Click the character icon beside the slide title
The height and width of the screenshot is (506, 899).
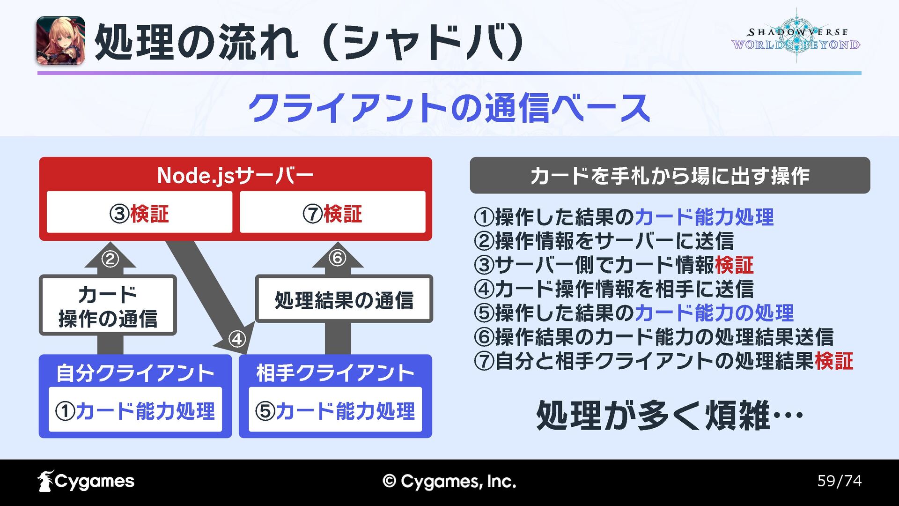pyautogui.click(x=60, y=41)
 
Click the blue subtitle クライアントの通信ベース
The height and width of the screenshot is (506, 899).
pyautogui.click(x=449, y=108)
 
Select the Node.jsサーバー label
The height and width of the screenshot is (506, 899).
pyautogui.click(x=235, y=176)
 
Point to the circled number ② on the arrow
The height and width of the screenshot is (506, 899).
pyautogui.click(x=110, y=259)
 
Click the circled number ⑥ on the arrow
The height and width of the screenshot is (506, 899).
pyautogui.click(x=337, y=258)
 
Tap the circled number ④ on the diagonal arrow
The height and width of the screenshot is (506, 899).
pyautogui.click(x=237, y=339)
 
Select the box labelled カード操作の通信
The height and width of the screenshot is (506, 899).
pyautogui.click(x=108, y=305)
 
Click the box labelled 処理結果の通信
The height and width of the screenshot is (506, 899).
pyautogui.click(x=344, y=299)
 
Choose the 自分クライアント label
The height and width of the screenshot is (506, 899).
pyautogui.click(x=135, y=373)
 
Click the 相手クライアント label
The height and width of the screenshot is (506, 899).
pyautogui.click(x=335, y=373)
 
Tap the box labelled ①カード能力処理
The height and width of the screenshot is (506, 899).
pyautogui.click(x=135, y=410)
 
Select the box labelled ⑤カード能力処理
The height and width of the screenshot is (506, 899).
pyautogui.click(x=335, y=410)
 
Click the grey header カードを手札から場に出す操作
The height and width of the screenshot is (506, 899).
pyautogui.click(x=670, y=176)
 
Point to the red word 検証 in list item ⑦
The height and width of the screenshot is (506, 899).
pyautogui.click(x=834, y=361)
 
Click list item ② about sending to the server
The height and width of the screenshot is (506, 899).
pyautogui.click(x=604, y=241)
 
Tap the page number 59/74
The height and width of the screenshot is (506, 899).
pyautogui.click(x=839, y=481)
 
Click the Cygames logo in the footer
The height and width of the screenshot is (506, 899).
pyautogui.click(x=86, y=481)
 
